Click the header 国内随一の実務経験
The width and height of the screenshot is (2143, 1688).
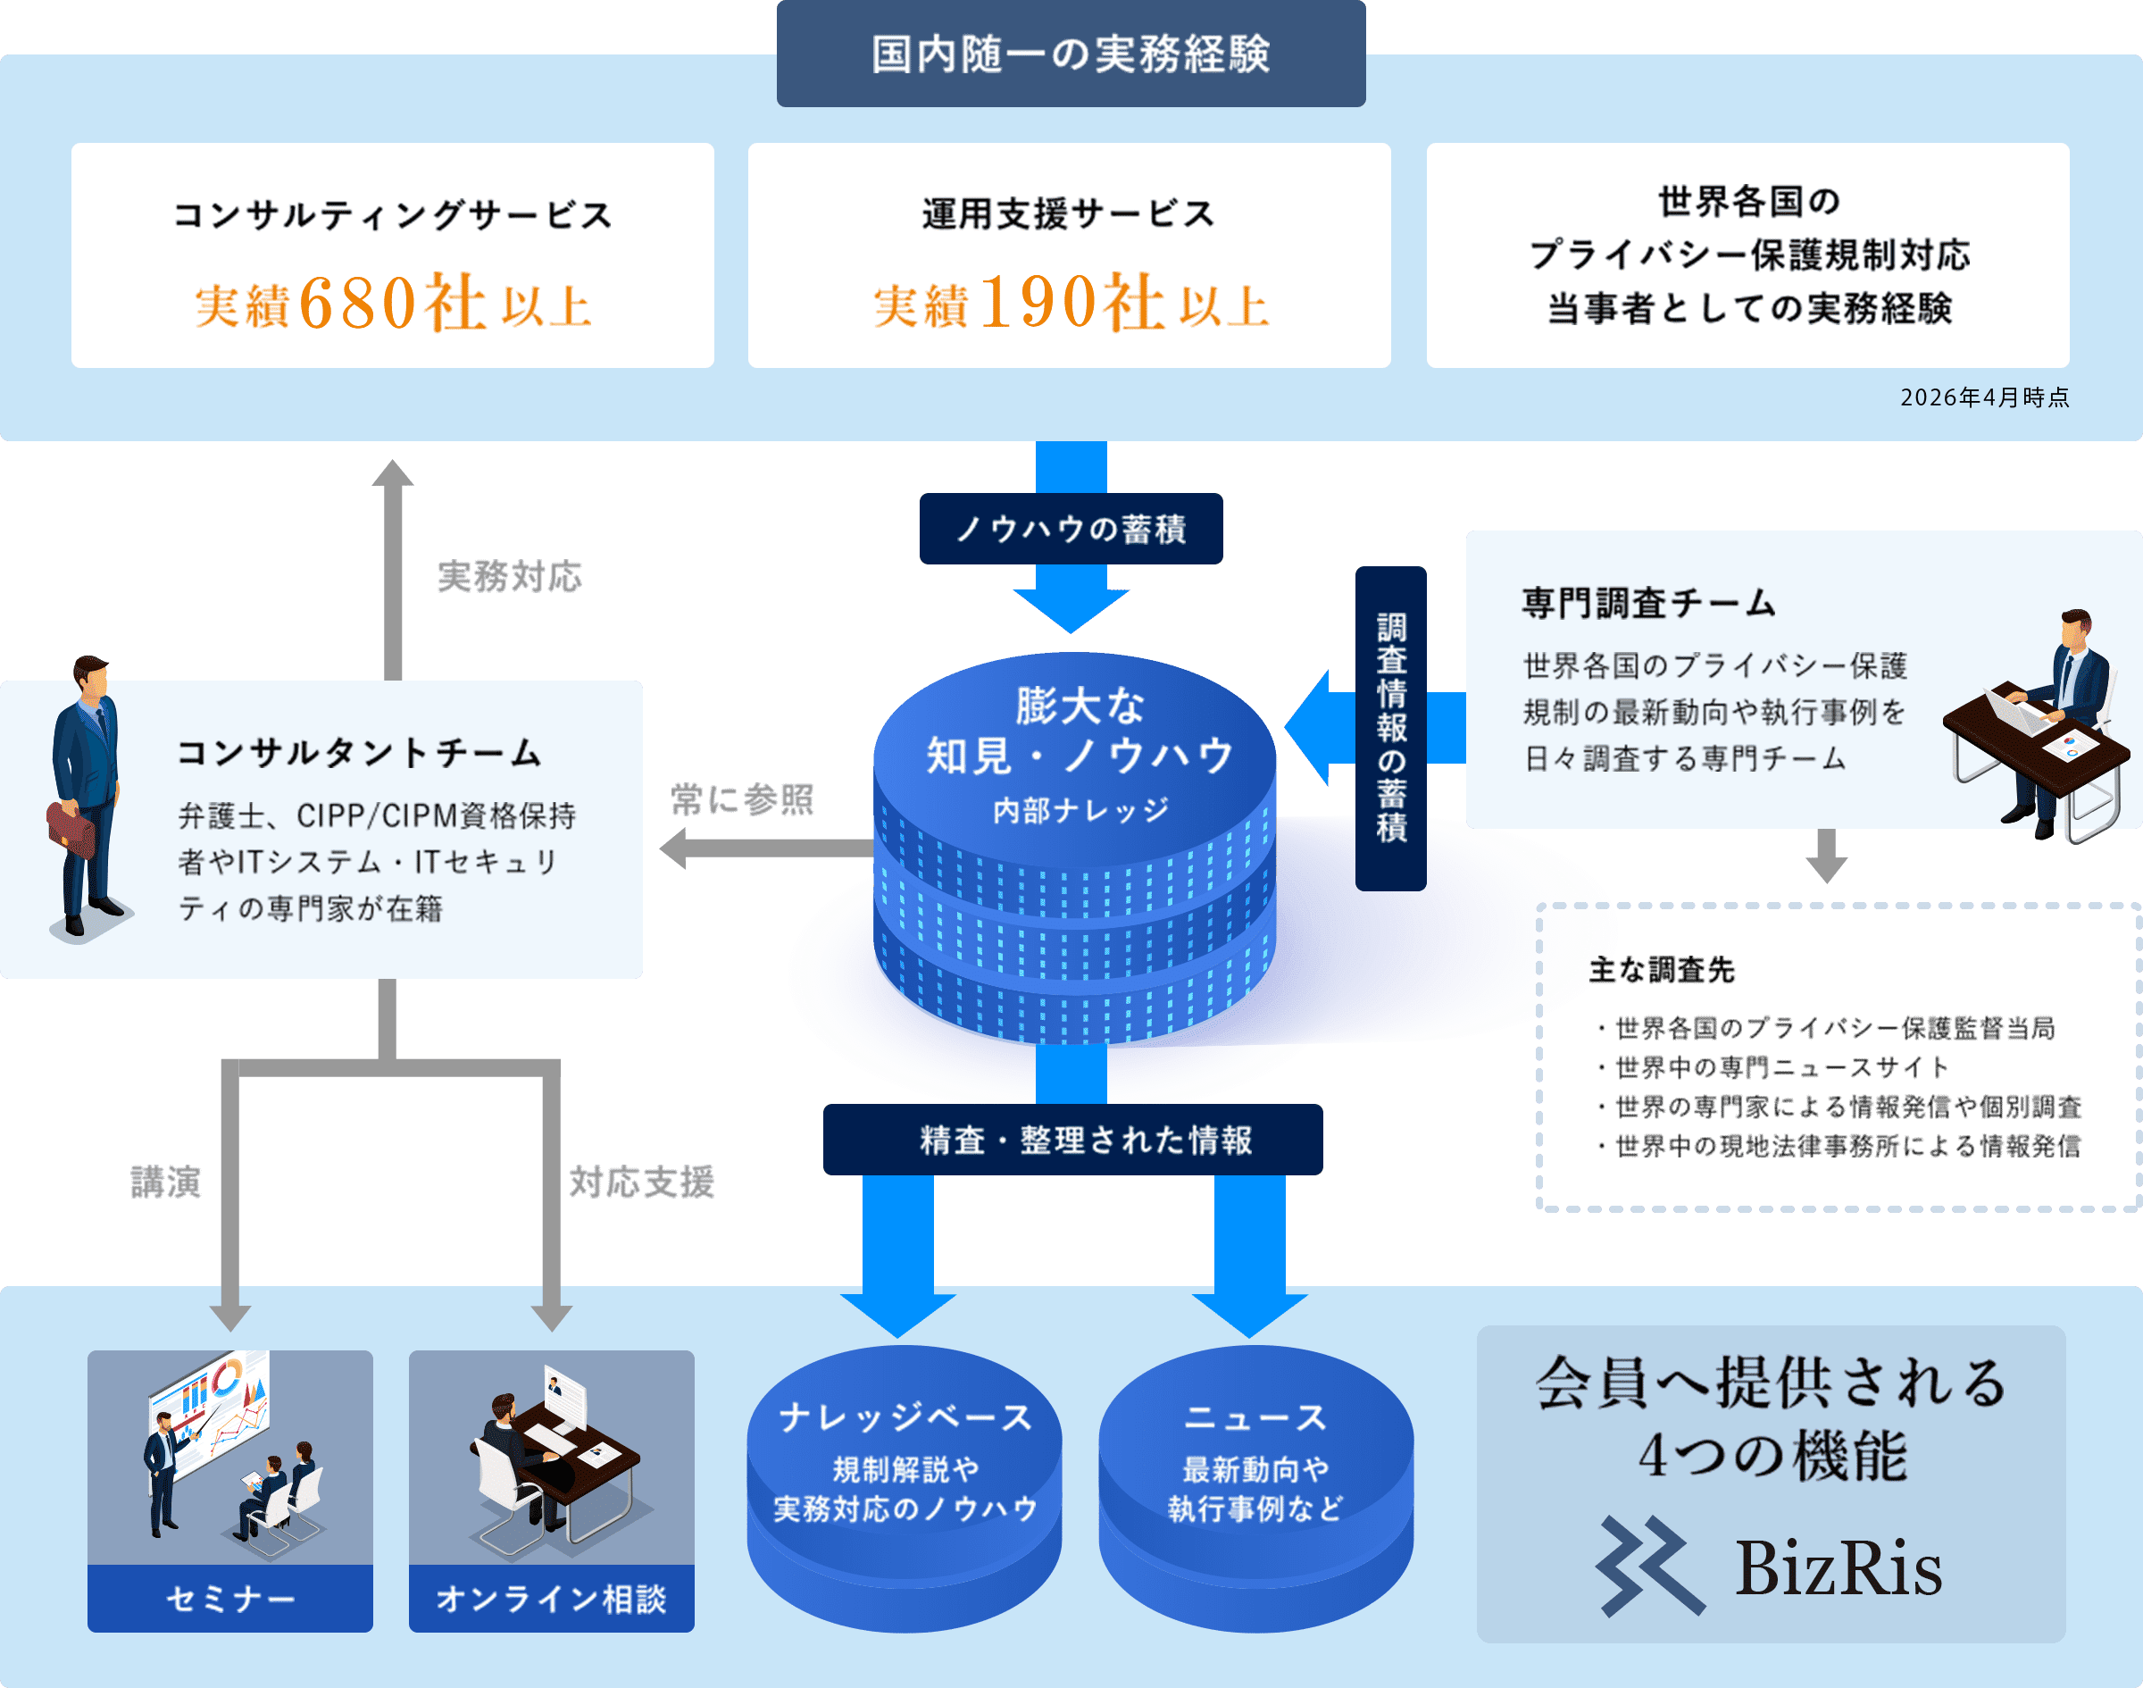click(1070, 54)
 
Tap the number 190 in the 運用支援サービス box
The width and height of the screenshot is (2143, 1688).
click(1038, 303)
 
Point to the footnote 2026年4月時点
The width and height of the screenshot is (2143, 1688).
click(1984, 397)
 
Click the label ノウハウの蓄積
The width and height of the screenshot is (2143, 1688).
click(1070, 529)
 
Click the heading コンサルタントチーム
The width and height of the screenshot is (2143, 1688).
click(360, 753)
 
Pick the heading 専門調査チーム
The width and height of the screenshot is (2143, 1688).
click(1648, 603)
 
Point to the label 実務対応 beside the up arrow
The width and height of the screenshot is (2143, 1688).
click(510, 577)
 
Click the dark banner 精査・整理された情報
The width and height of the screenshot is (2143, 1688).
click(1072, 1140)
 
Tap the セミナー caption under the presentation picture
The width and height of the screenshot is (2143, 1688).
click(230, 1598)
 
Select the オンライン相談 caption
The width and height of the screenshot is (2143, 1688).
click(551, 1598)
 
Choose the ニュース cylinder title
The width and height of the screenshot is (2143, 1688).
click(1255, 1417)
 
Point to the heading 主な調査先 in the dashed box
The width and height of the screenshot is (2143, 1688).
click(1662, 971)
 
